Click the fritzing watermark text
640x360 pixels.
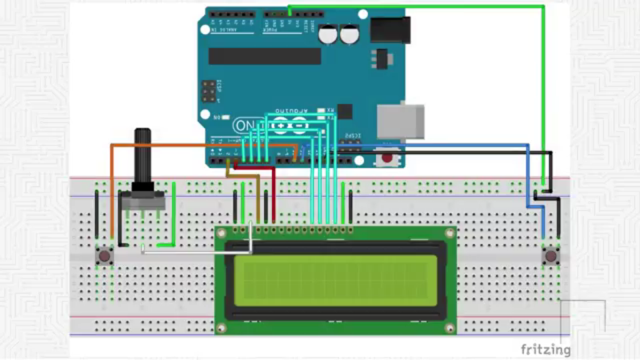pos(545,350)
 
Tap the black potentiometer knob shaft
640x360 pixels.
pos(142,155)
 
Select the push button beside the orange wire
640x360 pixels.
pos(104,256)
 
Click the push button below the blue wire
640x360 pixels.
pos(551,256)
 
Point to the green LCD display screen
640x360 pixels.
pos(335,280)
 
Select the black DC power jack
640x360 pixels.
pos(390,29)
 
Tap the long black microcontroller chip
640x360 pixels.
pos(265,56)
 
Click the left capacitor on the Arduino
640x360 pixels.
pos(328,34)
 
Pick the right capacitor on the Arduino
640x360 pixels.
pos(350,34)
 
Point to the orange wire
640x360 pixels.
pos(112,187)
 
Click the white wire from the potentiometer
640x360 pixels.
pos(197,253)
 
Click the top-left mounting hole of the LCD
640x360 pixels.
pos(221,233)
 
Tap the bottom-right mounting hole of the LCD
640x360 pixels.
pos(450,328)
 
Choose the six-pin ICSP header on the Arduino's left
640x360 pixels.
pos(209,91)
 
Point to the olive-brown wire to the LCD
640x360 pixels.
pos(258,197)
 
